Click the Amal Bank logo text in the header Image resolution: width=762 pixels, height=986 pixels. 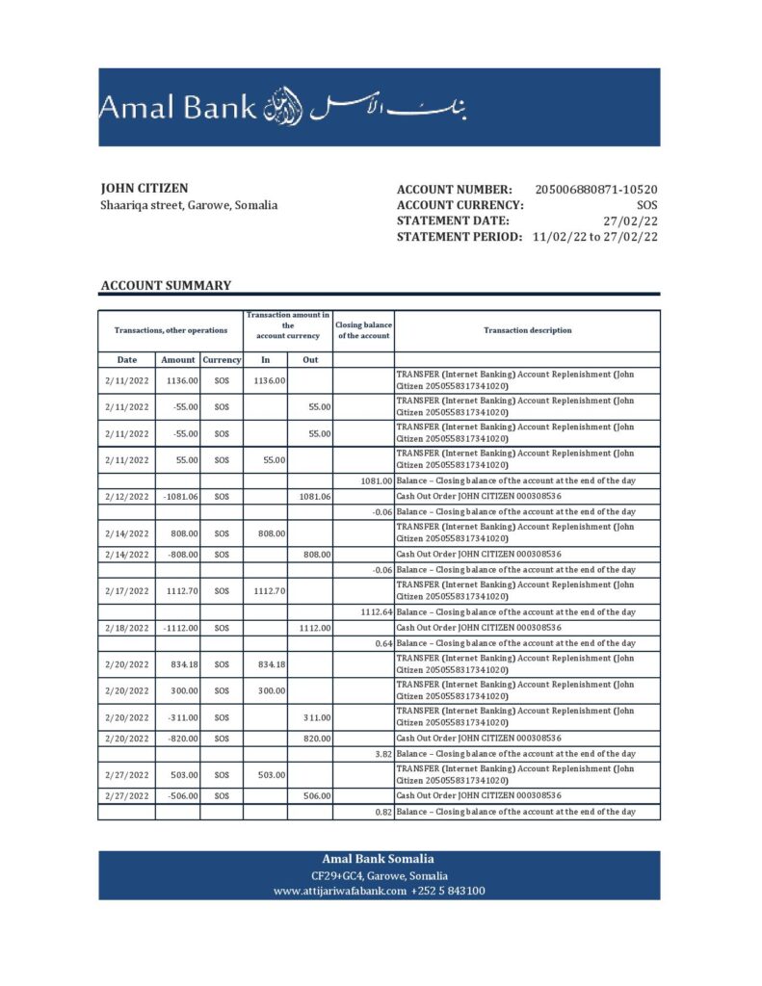[x=177, y=107]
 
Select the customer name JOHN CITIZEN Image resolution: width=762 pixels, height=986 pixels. [x=145, y=189]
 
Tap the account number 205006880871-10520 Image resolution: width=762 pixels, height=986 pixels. [x=596, y=190]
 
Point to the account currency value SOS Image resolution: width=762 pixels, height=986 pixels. [x=647, y=205]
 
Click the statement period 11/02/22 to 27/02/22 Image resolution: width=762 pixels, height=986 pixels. [x=594, y=237]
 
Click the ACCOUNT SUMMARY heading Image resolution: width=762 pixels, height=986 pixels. [x=166, y=285]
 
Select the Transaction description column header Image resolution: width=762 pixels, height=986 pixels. [x=527, y=330]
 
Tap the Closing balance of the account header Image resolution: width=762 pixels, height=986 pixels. [x=363, y=330]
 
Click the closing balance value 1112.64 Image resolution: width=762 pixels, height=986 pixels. [x=375, y=611]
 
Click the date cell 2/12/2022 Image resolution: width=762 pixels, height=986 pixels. [x=127, y=496]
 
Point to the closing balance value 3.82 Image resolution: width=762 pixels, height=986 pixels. [x=382, y=753]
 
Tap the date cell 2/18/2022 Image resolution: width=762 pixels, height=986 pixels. [x=127, y=628]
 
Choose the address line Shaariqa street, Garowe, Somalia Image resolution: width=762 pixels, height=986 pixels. [x=189, y=205]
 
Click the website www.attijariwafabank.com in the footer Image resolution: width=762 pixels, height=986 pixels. [x=340, y=891]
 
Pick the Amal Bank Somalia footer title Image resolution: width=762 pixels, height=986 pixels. [x=378, y=859]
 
